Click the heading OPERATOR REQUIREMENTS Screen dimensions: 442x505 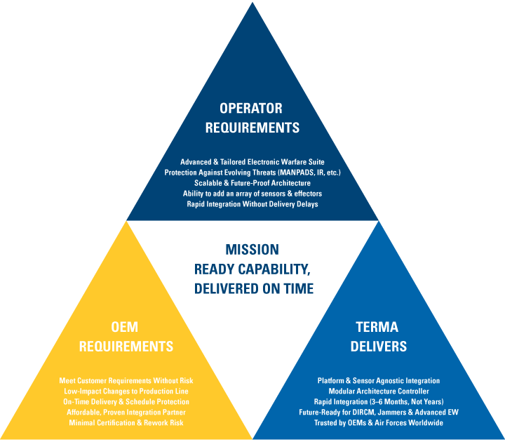click(250, 118)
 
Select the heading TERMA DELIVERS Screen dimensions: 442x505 click(377, 337)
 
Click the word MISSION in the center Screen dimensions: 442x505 click(252, 249)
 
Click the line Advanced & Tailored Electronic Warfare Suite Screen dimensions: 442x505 click(252, 162)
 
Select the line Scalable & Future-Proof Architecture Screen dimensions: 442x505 click(252, 183)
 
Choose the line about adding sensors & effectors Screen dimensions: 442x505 click(252, 194)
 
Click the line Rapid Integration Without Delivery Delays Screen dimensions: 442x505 click(252, 204)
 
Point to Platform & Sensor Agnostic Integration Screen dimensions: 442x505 click(378, 380)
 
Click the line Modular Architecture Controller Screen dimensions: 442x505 click(378, 391)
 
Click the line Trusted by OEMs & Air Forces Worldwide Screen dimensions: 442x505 click(378, 422)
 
